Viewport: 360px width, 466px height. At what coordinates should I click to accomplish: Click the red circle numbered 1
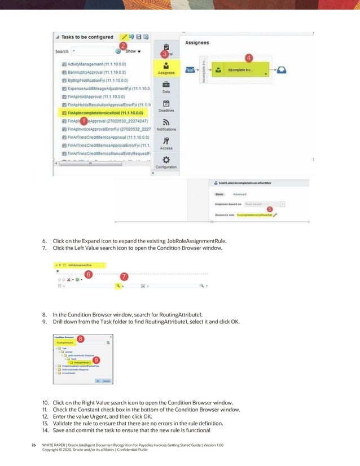click(83, 121)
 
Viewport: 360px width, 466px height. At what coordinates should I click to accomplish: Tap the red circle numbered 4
click(249, 57)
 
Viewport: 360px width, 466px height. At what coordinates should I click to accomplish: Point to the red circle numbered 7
click(124, 278)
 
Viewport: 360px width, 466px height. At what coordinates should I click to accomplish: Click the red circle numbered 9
click(97, 359)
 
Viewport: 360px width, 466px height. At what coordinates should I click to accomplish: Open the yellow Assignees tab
click(166, 68)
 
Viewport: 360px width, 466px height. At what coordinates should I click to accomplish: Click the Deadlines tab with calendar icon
click(166, 106)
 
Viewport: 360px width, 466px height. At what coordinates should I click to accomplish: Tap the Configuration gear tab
click(166, 162)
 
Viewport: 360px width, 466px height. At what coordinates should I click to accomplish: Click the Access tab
click(166, 143)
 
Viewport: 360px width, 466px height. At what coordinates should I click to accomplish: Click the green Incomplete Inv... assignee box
click(243, 70)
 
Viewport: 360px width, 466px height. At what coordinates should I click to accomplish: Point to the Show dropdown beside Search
click(133, 51)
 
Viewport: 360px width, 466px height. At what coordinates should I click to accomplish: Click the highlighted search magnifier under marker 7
click(118, 287)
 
